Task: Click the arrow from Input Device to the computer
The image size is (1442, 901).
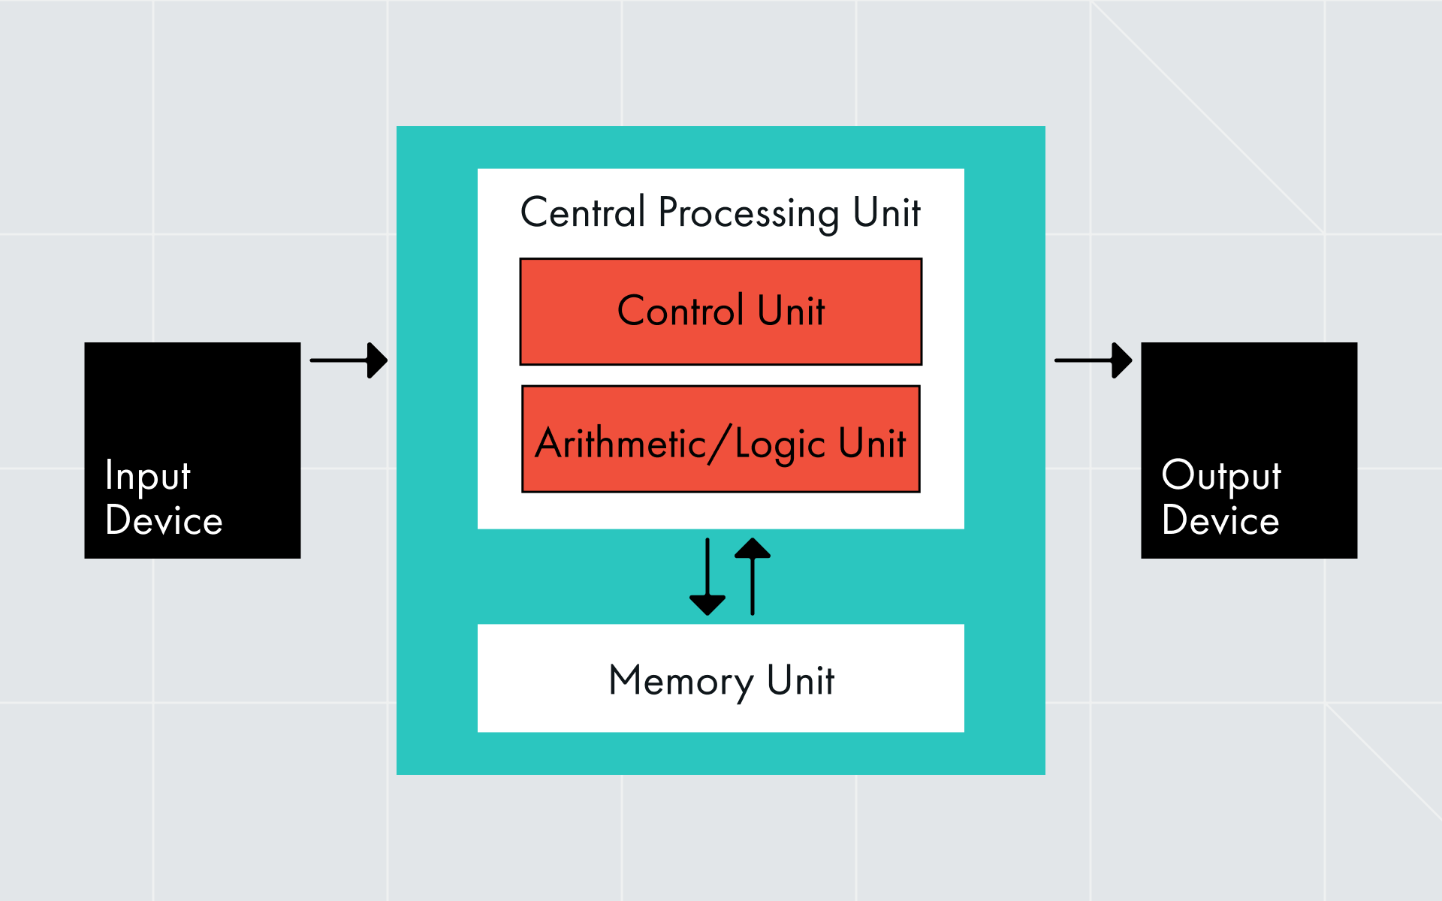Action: click(347, 360)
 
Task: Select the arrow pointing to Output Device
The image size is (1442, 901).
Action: click(1092, 360)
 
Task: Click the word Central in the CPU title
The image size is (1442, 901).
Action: click(583, 212)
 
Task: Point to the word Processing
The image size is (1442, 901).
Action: click(749, 214)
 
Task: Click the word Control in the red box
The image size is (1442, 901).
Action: click(680, 311)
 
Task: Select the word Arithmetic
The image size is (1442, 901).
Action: click(620, 443)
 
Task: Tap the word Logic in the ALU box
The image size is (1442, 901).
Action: click(780, 444)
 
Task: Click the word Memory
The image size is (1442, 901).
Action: click(680, 682)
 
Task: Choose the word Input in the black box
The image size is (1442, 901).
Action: click(148, 476)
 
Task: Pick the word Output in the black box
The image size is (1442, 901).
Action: click(1221, 476)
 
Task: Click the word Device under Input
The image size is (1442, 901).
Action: click(164, 520)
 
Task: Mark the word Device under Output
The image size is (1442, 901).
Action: click(1220, 520)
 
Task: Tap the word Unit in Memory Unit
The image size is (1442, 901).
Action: click(801, 680)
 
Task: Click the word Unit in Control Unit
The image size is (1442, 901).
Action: click(791, 311)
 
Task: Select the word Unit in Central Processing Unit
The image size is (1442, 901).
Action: click(886, 212)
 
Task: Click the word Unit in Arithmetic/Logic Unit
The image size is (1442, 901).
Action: click(872, 443)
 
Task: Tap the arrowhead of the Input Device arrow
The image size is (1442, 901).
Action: click(377, 360)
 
